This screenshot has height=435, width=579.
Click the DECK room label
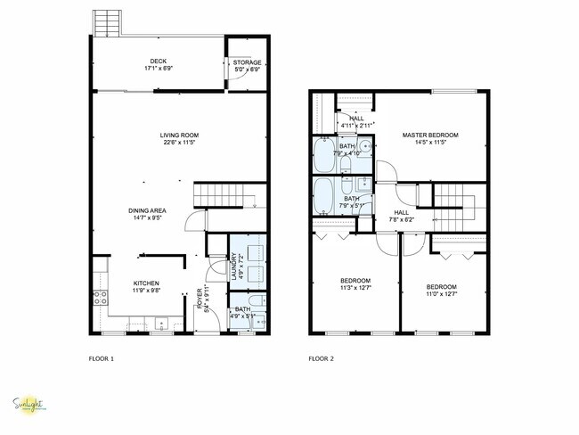(158, 62)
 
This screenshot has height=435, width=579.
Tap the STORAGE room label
(247, 62)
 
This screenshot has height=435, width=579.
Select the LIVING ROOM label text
(180, 135)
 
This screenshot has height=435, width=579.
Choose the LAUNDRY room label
(233, 267)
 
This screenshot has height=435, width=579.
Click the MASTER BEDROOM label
(429, 135)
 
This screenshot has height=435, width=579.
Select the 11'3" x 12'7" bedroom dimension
(355, 288)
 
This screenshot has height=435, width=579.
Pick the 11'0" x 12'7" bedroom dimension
(444, 288)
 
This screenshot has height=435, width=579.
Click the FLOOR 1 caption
(101, 358)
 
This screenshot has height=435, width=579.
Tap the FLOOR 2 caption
(321, 358)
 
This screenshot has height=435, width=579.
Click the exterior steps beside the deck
(104, 22)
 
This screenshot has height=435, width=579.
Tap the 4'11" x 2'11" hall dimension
(355, 126)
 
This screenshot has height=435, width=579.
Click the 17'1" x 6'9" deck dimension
(158, 69)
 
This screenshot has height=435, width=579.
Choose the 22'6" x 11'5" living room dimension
(180, 142)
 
